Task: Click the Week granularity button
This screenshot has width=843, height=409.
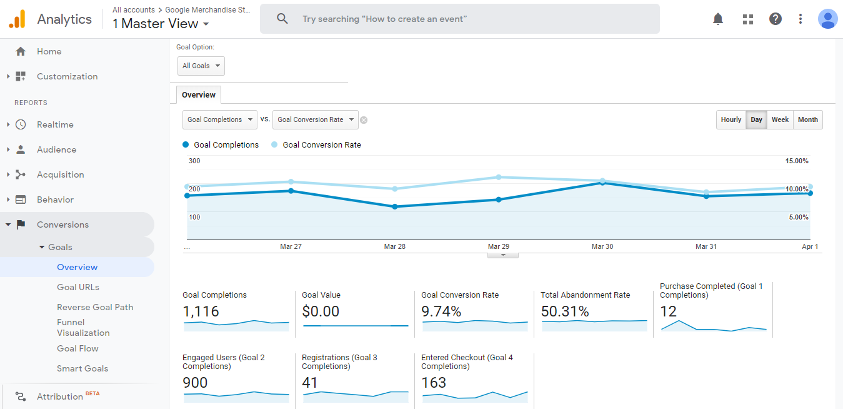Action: (x=780, y=119)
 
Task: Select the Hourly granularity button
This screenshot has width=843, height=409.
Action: (x=731, y=119)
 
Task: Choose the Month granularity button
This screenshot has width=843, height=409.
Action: (x=807, y=119)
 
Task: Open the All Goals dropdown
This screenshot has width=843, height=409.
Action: (x=201, y=66)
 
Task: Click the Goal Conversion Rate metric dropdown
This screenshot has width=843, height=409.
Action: (x=315, y=119)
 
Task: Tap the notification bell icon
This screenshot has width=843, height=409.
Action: (x=718, y=19)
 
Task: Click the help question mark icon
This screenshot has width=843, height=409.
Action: (x=775, y=19)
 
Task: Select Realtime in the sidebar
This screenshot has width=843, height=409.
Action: (x=55, y=124)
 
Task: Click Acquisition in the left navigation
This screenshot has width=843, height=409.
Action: (x=60, y=174)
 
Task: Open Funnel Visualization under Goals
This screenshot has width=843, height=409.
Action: (x=83, y=327)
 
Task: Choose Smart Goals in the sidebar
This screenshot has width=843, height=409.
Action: (x=82, y=368)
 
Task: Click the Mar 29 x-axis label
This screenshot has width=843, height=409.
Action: (x=498, y=246)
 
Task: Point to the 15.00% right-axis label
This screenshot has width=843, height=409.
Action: (x=797, y=161)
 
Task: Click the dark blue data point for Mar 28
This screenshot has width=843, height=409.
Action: (x=394, y=206)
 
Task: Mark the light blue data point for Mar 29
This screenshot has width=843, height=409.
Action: (x=499, y=177)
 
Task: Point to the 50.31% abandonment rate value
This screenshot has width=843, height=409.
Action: (x=565, y=311)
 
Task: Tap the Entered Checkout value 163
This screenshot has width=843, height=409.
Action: (x=434, y=382)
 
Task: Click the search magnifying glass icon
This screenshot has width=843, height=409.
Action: (x=282, y=19)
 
